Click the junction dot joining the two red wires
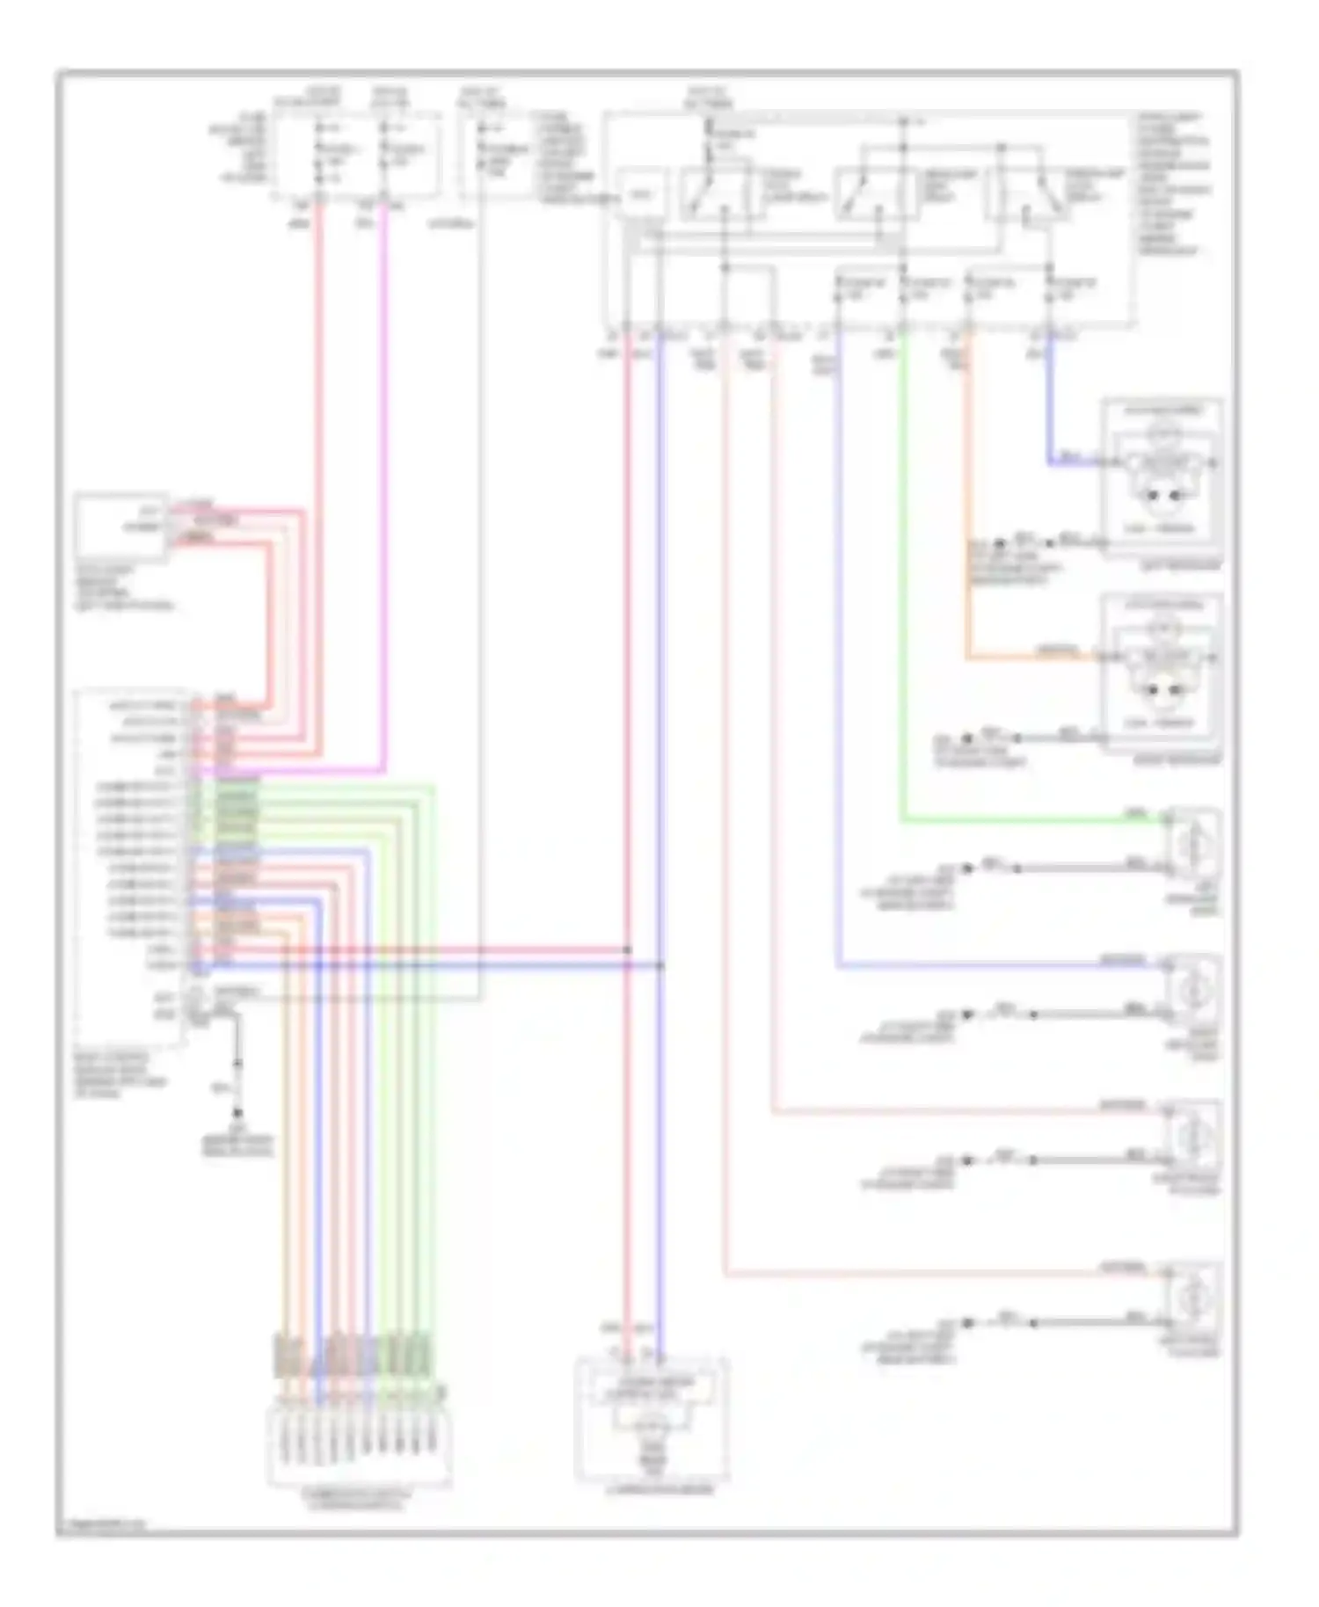click(x=628, y=949)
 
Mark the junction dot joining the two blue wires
click(x=660, y=965)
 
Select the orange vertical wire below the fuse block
click(x=967, y=492)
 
